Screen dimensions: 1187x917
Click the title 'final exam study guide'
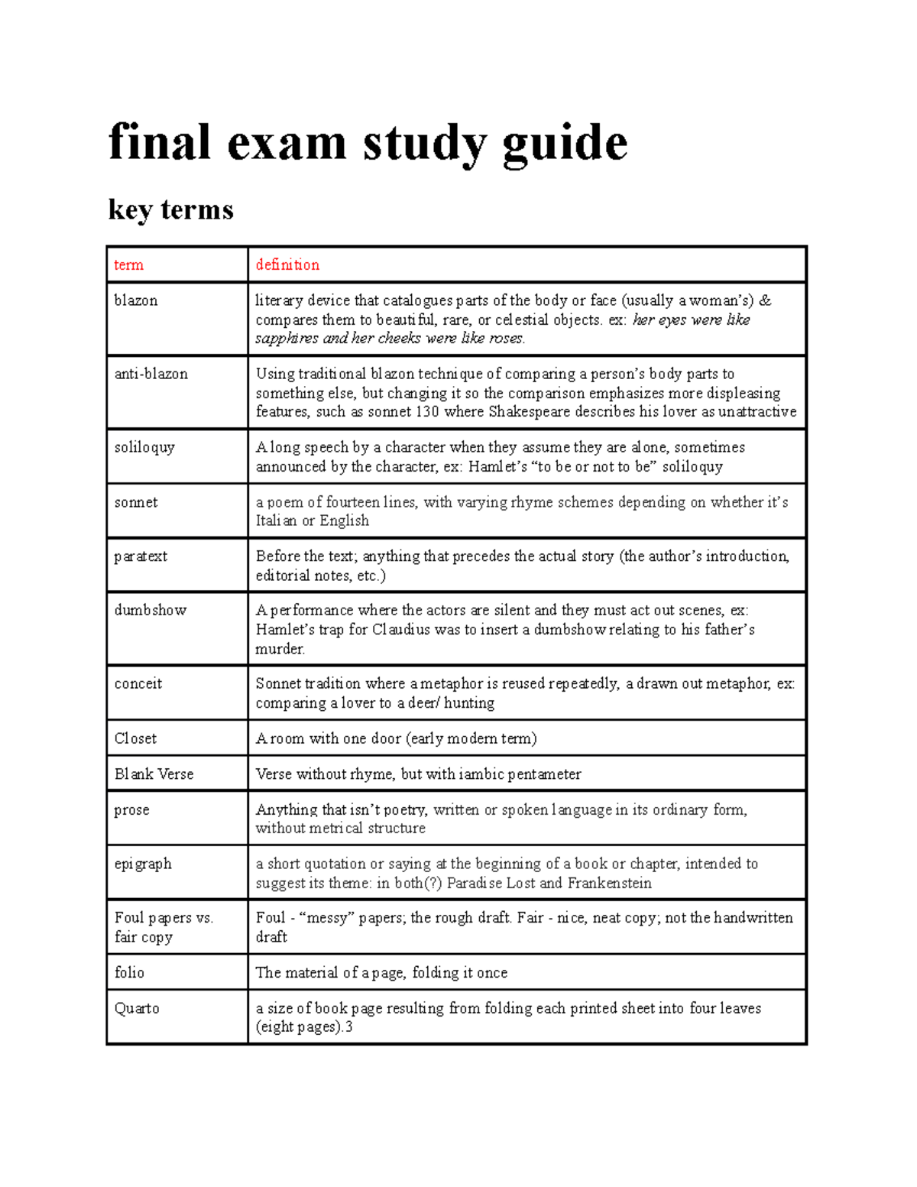coord(368,143)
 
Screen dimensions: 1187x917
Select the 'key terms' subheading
coord(170,209)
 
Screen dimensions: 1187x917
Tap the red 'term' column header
coord(128,265)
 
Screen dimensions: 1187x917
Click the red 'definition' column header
coord(287,265)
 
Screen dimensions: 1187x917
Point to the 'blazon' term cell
coord(136,300)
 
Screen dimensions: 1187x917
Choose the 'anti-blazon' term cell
coord(151,374)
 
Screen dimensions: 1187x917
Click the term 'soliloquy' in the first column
coord(144,447)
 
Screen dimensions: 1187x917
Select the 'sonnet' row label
coord(136,502)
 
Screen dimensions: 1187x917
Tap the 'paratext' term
coord(141,556)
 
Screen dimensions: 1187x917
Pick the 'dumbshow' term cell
coord(150,610)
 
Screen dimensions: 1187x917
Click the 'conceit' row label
coord(138,683)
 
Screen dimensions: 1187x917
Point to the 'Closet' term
coord(135,738)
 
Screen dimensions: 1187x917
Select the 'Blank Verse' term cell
coord(154,773)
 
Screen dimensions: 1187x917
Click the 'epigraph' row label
coord(143,864)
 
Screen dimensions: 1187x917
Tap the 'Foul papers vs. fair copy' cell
coord(163,927)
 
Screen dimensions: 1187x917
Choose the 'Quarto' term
coord(137,1008)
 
